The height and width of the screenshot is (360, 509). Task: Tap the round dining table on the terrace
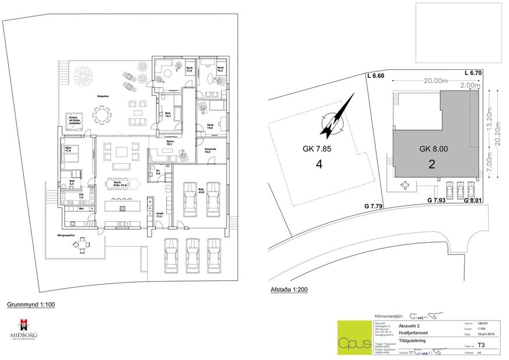103,116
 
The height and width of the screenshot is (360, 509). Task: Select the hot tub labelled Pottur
74,119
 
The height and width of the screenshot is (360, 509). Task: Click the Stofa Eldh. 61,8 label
121,183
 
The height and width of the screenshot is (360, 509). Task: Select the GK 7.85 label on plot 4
317,149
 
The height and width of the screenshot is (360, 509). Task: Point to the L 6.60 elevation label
376,76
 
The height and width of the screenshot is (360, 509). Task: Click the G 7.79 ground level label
375,206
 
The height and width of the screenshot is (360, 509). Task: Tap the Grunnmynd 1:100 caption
31,304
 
